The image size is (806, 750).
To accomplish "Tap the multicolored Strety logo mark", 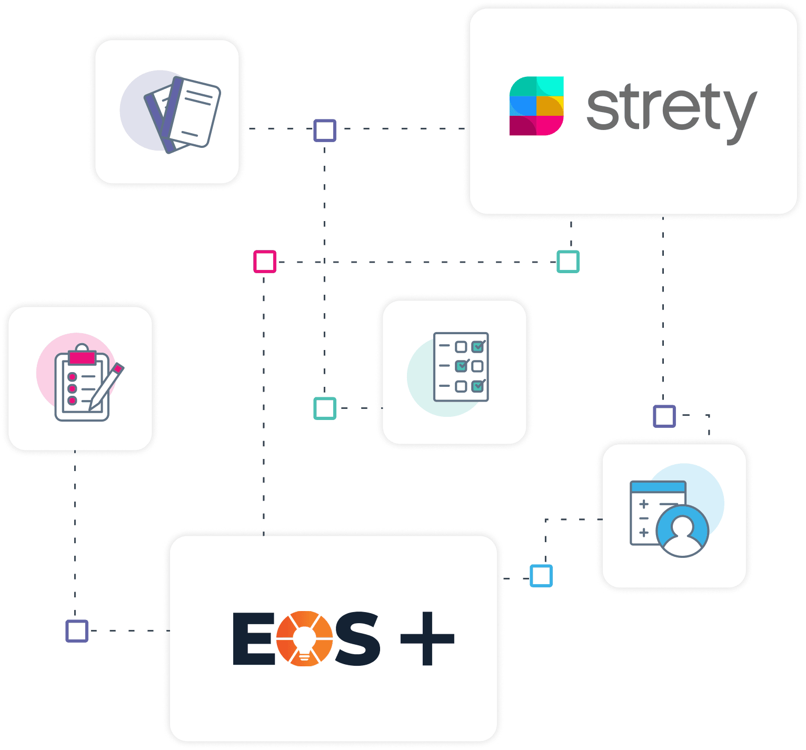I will pyautogui.click(x=536, y=106).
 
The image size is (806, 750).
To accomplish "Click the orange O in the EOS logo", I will pyautogui.click(x=304, y=638).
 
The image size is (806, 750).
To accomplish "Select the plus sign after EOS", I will pyautogui.click(x=427, y=638).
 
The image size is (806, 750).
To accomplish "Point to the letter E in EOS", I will pyautogui.click(x=252, y=638).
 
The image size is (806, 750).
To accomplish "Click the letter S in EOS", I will pyautogui.click(x=357, y=638).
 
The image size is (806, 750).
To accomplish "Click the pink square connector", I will pyautogui.click(x=264, y=262).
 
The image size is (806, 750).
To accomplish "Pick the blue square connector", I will pyautogui.click(x=541, y=576).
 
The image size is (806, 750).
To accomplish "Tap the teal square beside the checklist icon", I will pyautogui.click(x=325, y=408).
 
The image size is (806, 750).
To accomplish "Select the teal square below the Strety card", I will pyautogui.click(x=568, y=262).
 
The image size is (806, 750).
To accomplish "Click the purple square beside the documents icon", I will pyautogui.click(x=325, y=131).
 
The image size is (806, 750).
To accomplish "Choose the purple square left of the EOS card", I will pyautogui.click(x=77, y=631).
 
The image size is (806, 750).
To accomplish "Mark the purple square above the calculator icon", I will pyautogui.click(x=664, y=416).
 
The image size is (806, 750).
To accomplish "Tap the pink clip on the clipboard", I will pyautogui.click(x=82, y=358).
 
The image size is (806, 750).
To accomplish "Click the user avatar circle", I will pyautogui.click(x=682, y=531).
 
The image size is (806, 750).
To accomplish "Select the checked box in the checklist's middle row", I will pyautogui.click(x=461, y=365).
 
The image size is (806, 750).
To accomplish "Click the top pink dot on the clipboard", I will pyautogui.click(x=73, y=377).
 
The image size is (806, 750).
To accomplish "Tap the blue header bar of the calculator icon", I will pyautogui.click(x=658, y=487).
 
